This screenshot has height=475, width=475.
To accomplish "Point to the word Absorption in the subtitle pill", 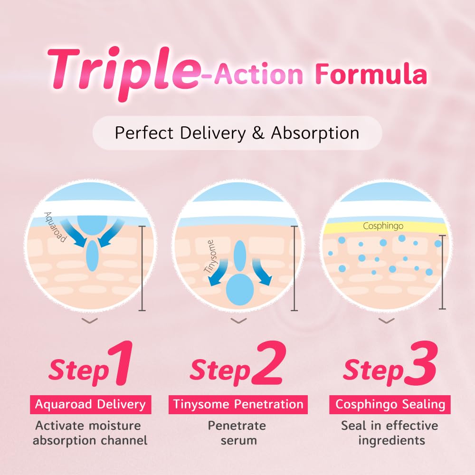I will pyautogui.click(x=315, y=133).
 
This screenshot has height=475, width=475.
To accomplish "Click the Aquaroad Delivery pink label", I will pyautogui.click(x=90, y=404).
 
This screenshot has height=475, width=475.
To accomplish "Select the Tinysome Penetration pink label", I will pyautogui.click(x=238, y=404).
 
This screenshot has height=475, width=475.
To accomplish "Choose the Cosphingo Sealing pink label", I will pyautogui.click(x=390, y=404).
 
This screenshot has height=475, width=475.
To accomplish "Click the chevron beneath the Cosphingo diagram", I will pyautogui.click(x=387, y=321).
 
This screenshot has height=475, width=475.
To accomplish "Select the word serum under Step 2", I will pyautogui.click(x=238, y=440).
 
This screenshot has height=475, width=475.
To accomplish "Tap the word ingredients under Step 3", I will pyautogui.click(x=391, y=440).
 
